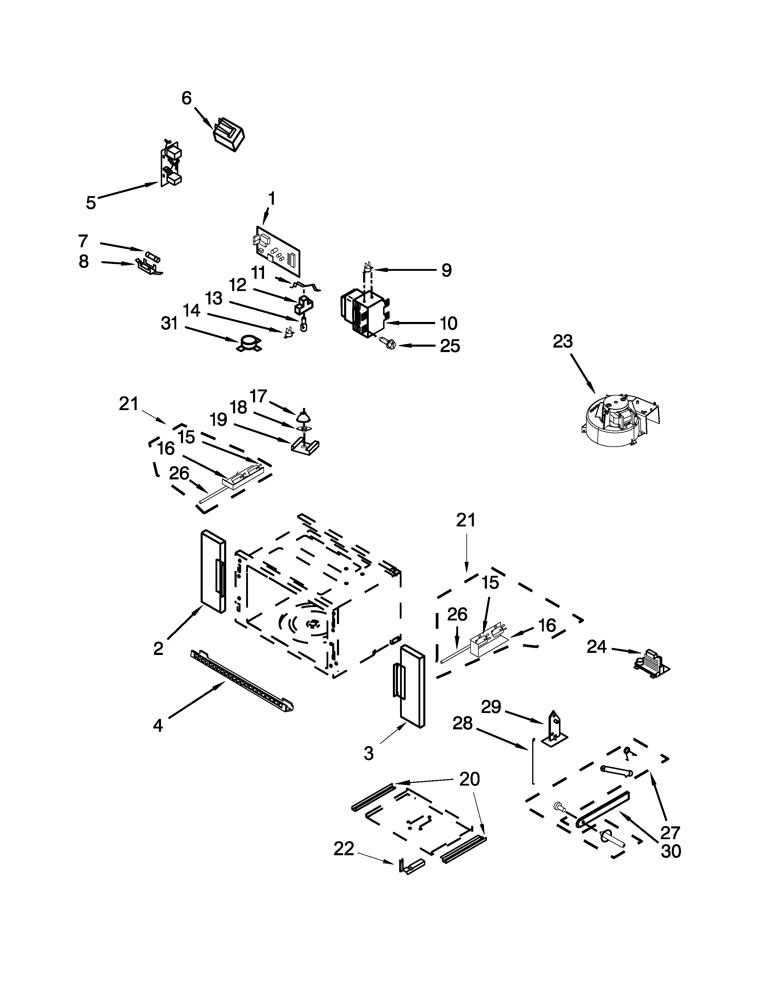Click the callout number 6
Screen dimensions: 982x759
pyautogui.click(x=186, y=98)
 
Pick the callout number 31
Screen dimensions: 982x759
pyautogui.click(x=170, y=323)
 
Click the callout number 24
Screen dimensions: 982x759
pyautogui.click(x=597, y=647)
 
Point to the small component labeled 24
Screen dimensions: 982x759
pyautogui.click(x=650, y=663)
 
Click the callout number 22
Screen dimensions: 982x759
pyautogui.click(x=344, y=849)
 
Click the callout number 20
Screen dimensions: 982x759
pyautogui.click(x=469, y=779)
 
